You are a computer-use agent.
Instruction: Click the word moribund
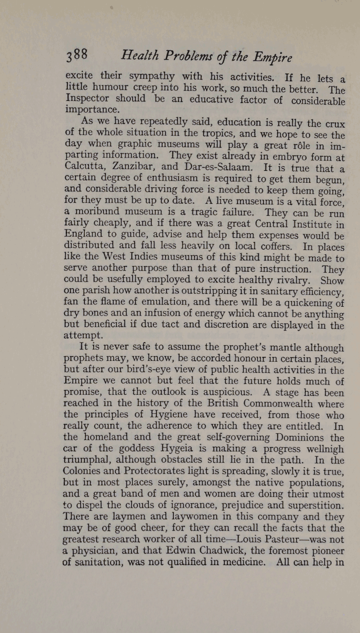tap(103, 212)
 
